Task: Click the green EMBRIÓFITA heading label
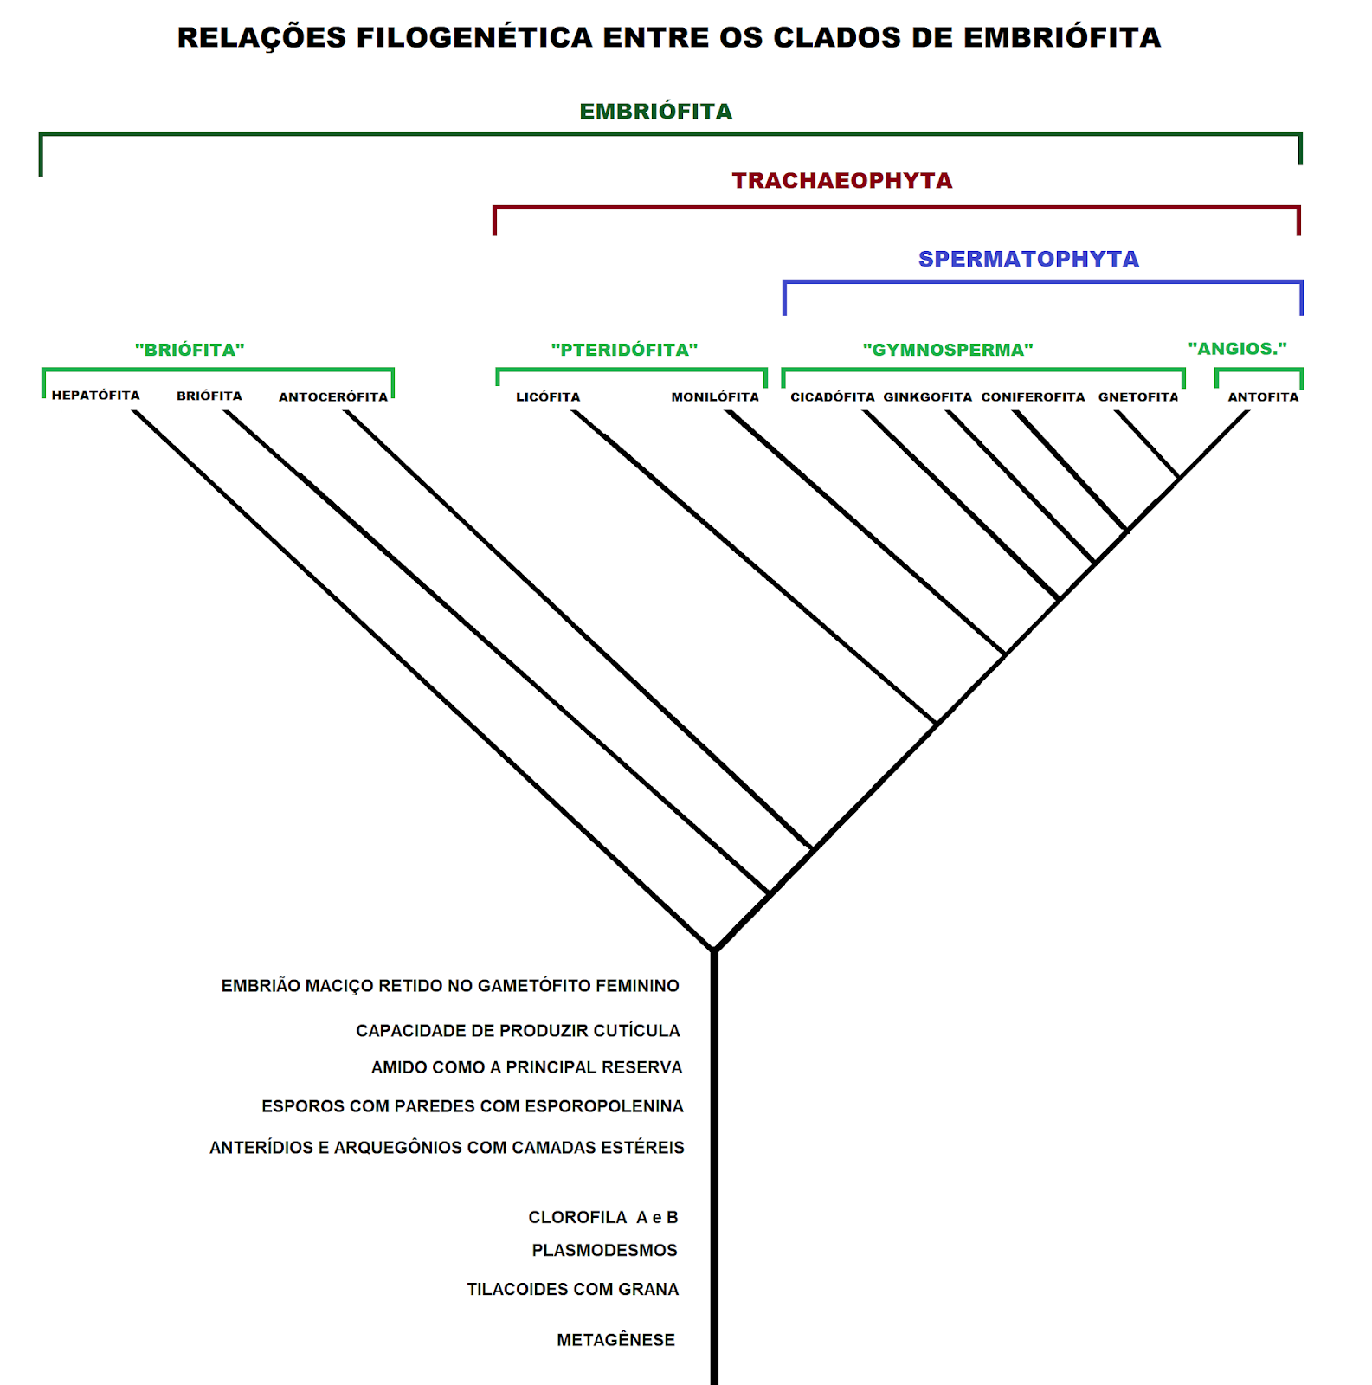655,112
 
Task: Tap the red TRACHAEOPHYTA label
841,181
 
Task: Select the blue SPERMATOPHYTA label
1027,259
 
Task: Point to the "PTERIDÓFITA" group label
624,350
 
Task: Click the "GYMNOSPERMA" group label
948,350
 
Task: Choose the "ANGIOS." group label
1237,349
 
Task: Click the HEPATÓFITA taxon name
95,396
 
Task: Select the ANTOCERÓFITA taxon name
333,397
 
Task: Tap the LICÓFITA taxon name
548,397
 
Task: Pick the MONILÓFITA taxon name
715,397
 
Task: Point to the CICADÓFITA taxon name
833,397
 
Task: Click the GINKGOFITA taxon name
928,397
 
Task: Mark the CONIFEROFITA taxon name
1033,397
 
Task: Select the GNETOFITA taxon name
1138,397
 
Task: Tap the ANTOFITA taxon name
1263,397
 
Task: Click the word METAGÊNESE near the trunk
615,1340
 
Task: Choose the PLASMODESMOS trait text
604,1250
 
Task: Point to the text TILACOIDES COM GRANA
572,1289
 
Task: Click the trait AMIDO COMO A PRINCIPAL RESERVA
526,1067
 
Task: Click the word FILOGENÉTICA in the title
474,38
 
